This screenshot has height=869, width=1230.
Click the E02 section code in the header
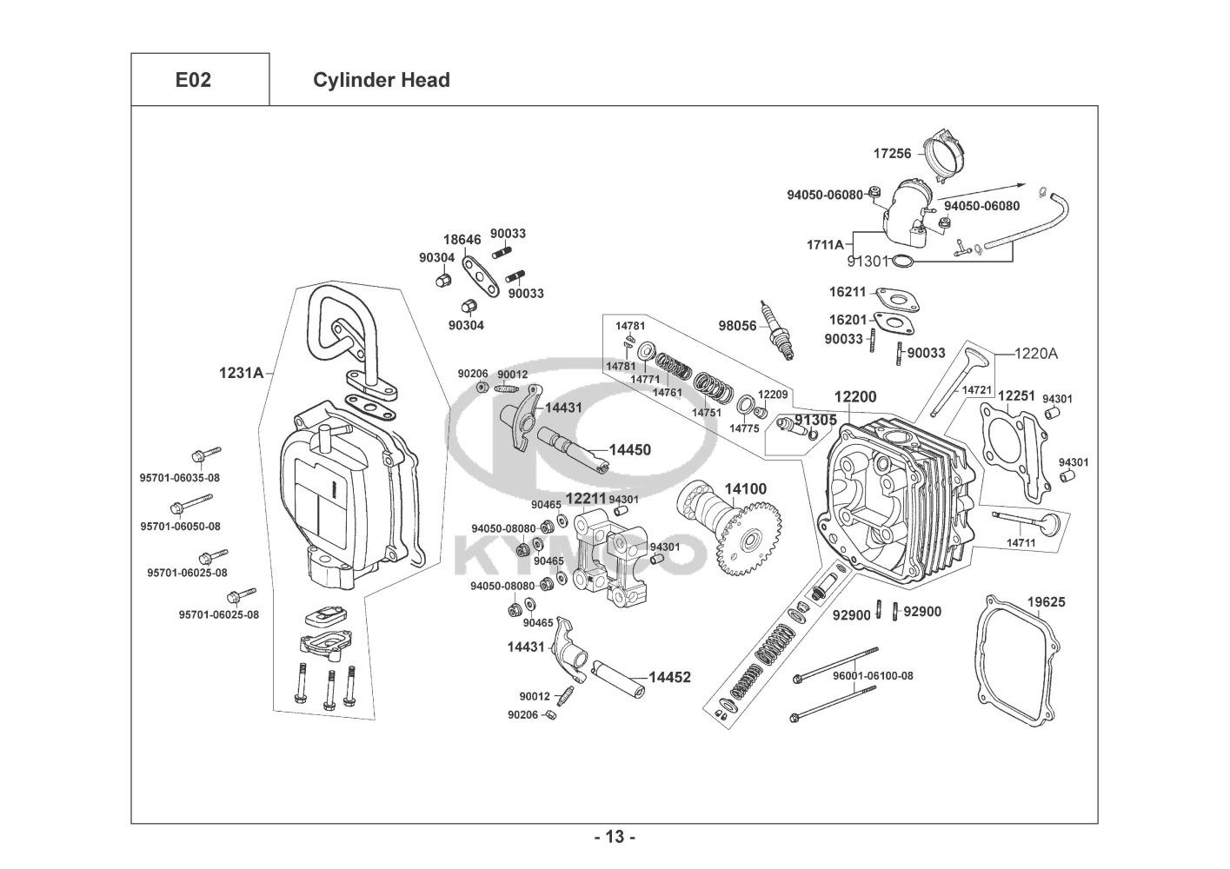point(193,80)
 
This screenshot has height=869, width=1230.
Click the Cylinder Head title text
point(381,80)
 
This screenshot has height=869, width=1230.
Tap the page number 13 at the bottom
point(615,838)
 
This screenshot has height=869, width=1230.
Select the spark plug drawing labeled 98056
point(779,329)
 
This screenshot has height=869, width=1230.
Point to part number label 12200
point(855,397)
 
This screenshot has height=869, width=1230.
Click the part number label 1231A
point(241,373)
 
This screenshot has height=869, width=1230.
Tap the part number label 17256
point(892,154)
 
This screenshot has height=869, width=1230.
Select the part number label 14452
point(669,677)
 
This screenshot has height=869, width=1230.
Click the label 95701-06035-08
point(180,477)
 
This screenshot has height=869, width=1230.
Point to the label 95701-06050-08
point(180,527)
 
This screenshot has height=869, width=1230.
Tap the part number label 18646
point(462,239)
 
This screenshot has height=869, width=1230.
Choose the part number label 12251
point(1015,396)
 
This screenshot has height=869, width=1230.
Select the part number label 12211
point(586,499)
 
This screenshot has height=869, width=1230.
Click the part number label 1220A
point(1037,354)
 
